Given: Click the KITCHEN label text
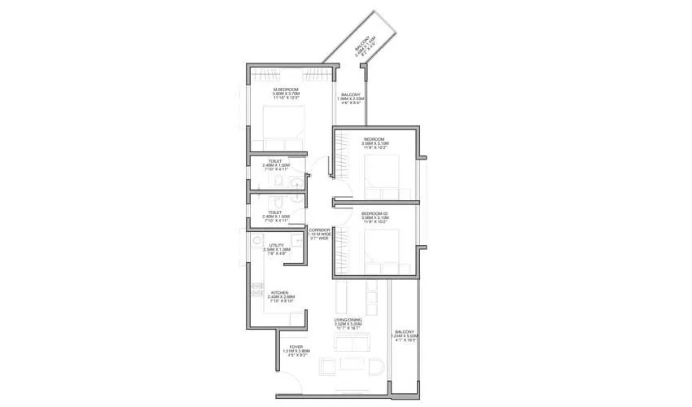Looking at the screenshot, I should pos(280,292).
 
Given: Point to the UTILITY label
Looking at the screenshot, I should pos(277,244).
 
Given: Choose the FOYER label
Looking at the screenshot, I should pos(297,348).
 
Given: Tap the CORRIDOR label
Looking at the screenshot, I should pos(318,230).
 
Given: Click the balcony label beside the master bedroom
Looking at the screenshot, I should pos(352,94).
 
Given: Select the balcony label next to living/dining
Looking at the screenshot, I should pos(405,332).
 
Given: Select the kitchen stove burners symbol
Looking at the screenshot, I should pos(257,291).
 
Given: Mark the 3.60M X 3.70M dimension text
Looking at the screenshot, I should pos(285,94).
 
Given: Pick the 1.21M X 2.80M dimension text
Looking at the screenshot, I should pos(297,352).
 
